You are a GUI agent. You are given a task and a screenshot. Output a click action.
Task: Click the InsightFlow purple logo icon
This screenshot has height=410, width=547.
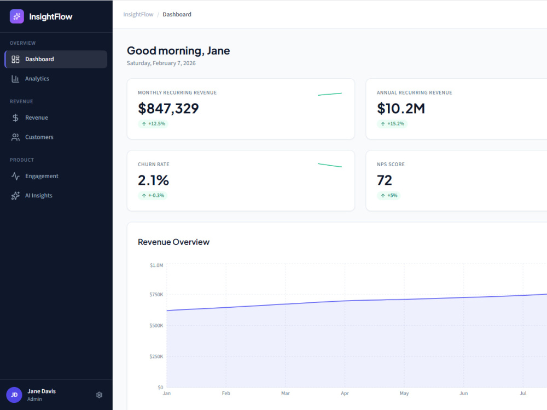pos(17,16)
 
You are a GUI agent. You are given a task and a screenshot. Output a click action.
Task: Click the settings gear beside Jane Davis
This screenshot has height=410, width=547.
pos(100,395)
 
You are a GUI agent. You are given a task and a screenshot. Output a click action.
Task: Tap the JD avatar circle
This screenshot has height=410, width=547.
pos(14,395)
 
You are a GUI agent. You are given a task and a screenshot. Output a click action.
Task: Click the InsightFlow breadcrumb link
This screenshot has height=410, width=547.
pos(138,14)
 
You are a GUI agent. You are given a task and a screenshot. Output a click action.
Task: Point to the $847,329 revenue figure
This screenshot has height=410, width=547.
pos(168,108)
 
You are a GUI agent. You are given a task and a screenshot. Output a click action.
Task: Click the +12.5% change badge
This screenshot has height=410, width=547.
pos(153,124)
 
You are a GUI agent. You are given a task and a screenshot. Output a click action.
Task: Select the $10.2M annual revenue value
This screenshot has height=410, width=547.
pos(401,108)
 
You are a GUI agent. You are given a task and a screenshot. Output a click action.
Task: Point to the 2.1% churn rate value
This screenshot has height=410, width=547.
pos(153,180)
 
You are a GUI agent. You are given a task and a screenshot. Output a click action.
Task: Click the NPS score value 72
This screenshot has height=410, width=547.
pos(385,180)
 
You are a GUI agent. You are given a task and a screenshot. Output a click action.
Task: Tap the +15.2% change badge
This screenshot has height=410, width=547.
pos(392,124)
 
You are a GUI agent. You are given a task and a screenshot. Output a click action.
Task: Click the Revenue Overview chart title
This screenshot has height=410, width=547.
pos(174,242)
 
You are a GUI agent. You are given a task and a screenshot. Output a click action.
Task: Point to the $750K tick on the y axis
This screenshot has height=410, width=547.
pos(156,295)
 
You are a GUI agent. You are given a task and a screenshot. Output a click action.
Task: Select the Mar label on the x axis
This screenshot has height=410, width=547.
pos(286,393)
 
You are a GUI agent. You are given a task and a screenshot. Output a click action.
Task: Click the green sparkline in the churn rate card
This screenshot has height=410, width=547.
pos(330,165)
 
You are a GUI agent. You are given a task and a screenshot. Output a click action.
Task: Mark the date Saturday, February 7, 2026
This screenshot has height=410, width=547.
pos(161,63)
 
